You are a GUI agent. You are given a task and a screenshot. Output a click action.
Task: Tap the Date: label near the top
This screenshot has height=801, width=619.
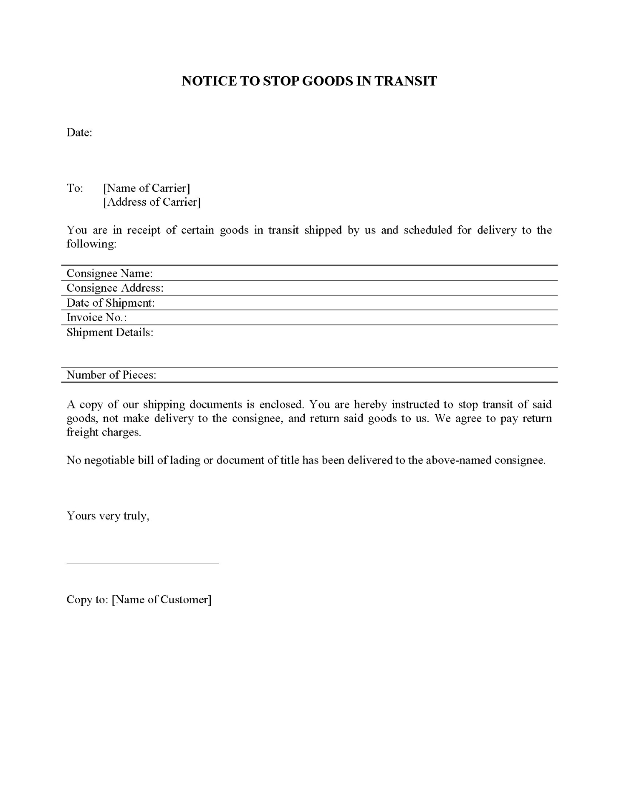(x=79, y=133)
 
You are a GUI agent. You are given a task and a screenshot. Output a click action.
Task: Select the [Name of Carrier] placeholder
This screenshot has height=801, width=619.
(x=147, y=188)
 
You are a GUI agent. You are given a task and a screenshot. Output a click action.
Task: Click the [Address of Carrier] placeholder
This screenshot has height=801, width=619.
(x=152, y=202)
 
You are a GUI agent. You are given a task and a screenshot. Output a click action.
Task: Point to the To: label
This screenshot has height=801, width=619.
(x=75, y=188)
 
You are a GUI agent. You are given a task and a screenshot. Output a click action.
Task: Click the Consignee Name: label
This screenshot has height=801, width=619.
(x=109, y=273)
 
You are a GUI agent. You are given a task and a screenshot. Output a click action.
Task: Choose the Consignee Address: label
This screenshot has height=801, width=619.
(x=115, y=288)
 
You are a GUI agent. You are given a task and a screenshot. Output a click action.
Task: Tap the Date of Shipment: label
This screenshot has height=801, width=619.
(x=111, y=303)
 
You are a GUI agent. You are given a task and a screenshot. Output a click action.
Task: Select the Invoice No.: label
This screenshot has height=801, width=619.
(x=96, y=317)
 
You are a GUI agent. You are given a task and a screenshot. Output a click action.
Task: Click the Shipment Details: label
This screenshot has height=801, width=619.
(x=110, y=332)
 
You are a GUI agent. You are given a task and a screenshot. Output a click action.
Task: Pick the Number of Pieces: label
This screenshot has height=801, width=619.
(x=111, y=375)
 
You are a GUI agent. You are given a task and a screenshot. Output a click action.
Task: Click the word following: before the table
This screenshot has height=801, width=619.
(x=91, y=244)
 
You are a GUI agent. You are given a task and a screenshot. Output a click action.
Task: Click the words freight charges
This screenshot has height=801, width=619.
(x=104, y=432)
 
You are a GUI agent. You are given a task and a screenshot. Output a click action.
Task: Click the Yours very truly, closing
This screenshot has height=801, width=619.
(x=108, y=516)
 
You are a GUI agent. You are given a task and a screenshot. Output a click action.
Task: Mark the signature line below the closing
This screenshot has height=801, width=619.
(x=142, y=564)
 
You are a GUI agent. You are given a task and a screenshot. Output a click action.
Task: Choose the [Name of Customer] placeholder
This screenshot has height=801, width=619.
(x=162, y=600)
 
